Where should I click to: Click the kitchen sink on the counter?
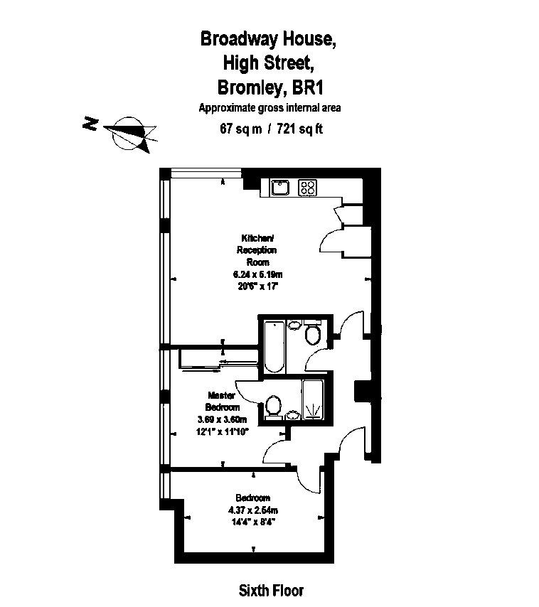click(x=280, y=188)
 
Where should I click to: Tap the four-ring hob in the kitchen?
click(x=307, y=188)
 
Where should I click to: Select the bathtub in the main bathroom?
click(x=274, y=346)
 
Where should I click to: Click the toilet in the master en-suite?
click(x=274, y=407)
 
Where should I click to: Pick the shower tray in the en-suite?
click(x=313, y=399)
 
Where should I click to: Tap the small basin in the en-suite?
click(x=293, y=415)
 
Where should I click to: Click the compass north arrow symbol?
click(x=132, y=134)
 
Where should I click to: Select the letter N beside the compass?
click(x=90, y=124)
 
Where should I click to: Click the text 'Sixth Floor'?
click(x=271, y=591)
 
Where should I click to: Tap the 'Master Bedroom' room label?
click(x=223, y=402)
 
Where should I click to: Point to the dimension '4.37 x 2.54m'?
click(x=253, y=510)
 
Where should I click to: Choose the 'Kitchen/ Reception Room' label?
click(x=257, y=249)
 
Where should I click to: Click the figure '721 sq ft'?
click(x=299, y=129)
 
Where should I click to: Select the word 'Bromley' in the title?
click(x=250, y=87)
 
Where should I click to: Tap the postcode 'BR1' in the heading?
click(x=307, y=87)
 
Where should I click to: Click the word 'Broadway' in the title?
click(x=240, y=39)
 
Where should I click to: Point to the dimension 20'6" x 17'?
click(x=258, y=286)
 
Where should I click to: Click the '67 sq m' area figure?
click(x=241, y=129)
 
